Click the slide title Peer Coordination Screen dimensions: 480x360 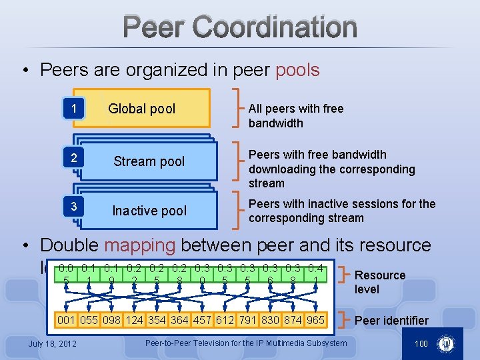pos(240,27)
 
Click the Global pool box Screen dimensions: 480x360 pos(142,109)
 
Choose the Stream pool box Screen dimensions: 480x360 pos(149,161)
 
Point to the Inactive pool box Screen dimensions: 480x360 pos(149,211)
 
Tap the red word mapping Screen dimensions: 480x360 pos(140,245)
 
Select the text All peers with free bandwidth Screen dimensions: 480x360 pos(296,115)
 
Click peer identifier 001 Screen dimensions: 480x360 pos(66,320)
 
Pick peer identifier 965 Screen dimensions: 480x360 pos(315,320)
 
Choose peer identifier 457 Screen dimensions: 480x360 pos(202,320)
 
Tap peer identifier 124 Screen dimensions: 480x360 pos(134,320)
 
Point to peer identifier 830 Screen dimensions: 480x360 pos(270,320)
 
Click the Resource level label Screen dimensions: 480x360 pos(380,282)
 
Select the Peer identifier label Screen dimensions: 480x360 pos(391,321)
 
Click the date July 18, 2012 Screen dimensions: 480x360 pos(53,343)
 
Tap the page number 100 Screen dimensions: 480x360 pos(421,343)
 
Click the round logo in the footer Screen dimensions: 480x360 pos(445,344)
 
